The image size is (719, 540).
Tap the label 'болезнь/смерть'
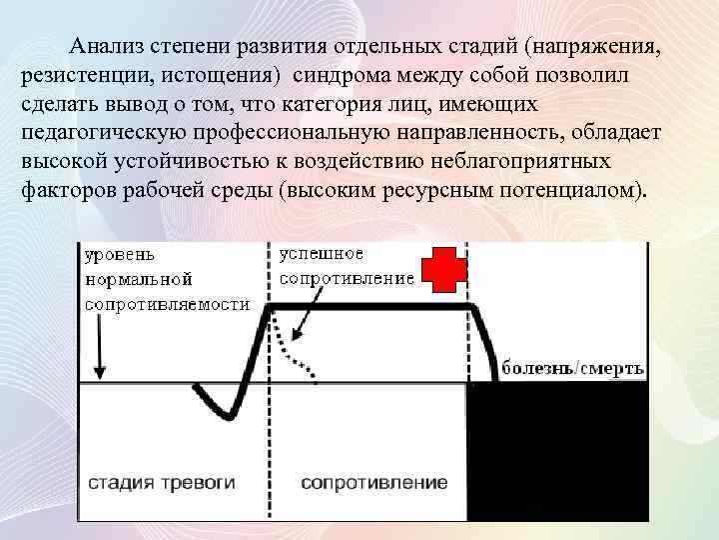coord(572,367)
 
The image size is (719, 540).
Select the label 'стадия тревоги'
coord(161,483)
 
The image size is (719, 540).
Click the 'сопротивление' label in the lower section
coord(373,483)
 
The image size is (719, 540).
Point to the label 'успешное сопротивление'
coord(346,266)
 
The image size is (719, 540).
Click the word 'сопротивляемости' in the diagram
coord(167,304)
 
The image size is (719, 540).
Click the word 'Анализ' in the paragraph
coord(106,46)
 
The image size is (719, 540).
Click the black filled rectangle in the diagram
coord(556,450)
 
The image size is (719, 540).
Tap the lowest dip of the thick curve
coord(227,415)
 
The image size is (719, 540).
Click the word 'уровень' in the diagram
coord(120,255)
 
